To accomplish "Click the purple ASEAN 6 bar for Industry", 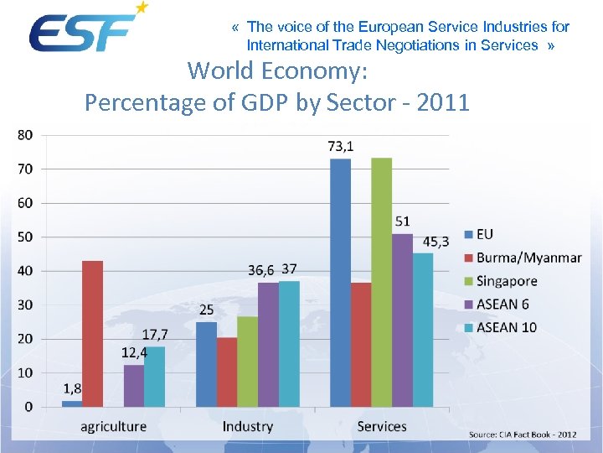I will click(x=268, y=345).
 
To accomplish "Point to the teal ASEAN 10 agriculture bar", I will click(x=155, y=377).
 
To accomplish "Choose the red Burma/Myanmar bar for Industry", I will click(x=227, y=372).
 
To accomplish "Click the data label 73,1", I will click(x=340, y=146).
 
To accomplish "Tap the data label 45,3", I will click(x=435, y=242).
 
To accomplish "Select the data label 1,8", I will click(x=73, y=388).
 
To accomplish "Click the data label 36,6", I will click(x=261, y=270).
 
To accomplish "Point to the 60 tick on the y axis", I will click(x=26, y=203).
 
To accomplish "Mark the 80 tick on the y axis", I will click(x=26, y=135).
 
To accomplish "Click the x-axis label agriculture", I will click(x=113, y=426).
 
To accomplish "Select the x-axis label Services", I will click(x=382, y=426).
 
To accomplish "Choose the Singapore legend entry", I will click(x=506, y=281).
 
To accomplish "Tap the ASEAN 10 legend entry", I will click(x=506, y=327).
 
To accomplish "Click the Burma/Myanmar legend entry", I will click(x=528, y=258).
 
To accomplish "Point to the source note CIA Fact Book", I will click(x=523, y=435).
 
